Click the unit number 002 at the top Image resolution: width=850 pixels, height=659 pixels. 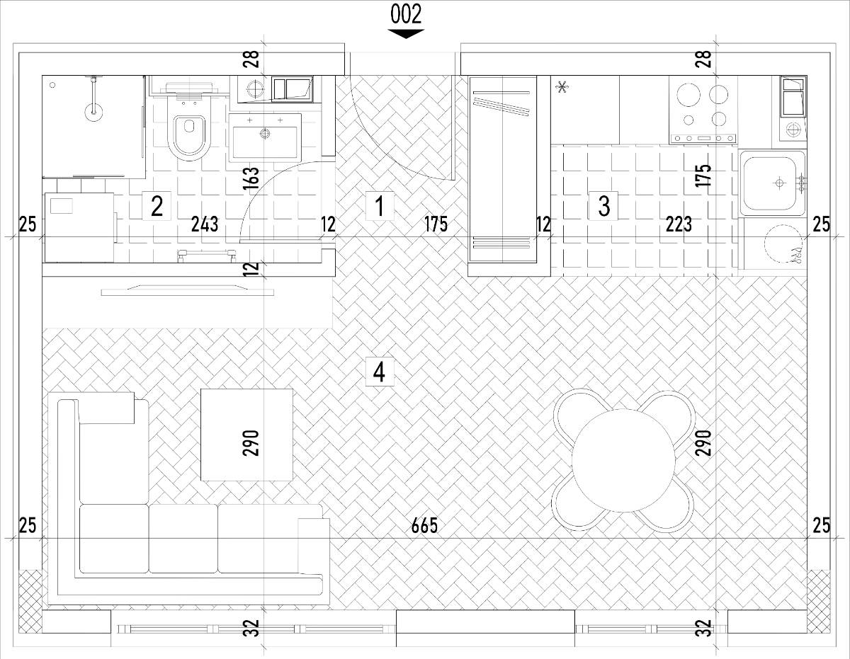coord(406,14)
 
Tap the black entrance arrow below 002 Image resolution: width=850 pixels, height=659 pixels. coord(406,33)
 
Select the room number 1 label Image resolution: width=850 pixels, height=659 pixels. coord(380,206)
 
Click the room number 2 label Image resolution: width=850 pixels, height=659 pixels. coord(157,206)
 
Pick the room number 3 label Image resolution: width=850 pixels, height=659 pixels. coord(603,206)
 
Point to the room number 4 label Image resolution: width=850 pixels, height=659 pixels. coord(380,372)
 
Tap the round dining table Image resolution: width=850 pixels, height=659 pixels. coord(623,460)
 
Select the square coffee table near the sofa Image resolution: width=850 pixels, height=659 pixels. coord(246,435)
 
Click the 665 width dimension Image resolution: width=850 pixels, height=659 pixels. coord(424,526)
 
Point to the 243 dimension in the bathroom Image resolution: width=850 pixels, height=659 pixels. coord(205,224)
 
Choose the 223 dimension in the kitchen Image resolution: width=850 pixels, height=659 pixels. coord(679,224)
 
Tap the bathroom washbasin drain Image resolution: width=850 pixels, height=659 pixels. coord(266,134)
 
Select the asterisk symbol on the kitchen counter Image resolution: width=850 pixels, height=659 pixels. coord(562,88)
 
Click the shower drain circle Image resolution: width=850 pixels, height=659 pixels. coord(53,85)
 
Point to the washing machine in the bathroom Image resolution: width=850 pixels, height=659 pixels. coord(80,227)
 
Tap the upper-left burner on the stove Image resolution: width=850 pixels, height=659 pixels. coord(688,96)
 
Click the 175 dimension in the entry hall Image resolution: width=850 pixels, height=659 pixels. coord(436,224)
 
